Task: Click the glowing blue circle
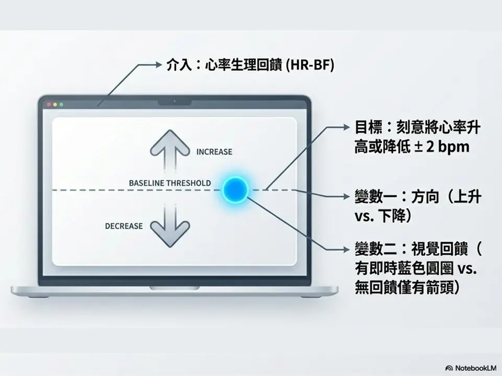[234, 190]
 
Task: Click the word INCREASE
[214, 152]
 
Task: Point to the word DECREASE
[123, 226]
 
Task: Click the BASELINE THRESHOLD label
[169, 183]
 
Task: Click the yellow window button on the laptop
[55, 104]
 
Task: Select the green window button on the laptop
[62, 104]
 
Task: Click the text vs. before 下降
[364, 215]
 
